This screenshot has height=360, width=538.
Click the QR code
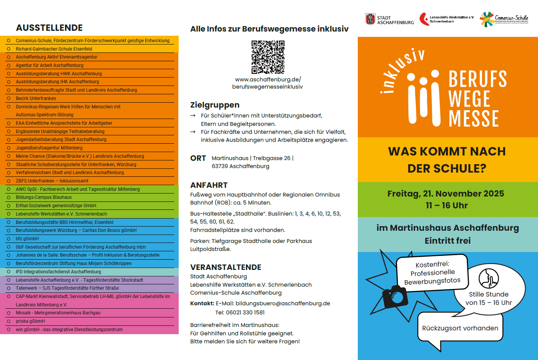point(268,57)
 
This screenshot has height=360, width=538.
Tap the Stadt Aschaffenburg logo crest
point(370,19)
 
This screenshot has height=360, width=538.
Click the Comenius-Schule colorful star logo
point(486,19)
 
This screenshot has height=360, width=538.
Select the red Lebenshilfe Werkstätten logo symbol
point(424,19)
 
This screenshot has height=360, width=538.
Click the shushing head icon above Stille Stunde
point(489,278)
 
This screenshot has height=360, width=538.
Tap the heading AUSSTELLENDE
point(49,28)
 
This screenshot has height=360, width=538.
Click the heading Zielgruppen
point(215,105)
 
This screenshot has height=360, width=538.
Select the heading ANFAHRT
point(209,185)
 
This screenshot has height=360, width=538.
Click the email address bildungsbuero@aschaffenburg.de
point(282,303)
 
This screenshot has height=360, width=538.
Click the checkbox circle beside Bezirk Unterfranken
point(9,98)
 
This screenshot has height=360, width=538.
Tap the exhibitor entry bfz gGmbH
point(27,239)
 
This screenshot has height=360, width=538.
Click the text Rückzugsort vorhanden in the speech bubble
point(460,328)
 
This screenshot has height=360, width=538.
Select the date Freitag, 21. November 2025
point(446,193)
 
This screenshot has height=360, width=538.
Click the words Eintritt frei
point(448,241)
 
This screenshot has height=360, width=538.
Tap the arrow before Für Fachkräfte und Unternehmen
point(193,132)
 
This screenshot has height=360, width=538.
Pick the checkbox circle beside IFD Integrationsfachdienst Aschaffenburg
point(9,272)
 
